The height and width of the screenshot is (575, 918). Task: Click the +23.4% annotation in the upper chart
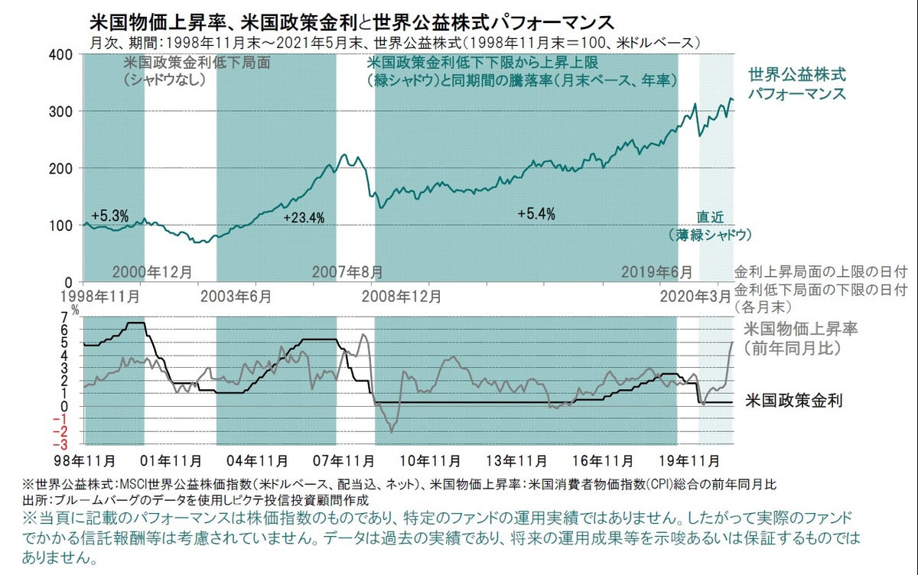coord(304,218)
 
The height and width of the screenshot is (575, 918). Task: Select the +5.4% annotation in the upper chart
coord(535,213)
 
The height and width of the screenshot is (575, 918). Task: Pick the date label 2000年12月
coord(152,271)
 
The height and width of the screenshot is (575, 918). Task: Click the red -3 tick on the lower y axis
coord(65,443)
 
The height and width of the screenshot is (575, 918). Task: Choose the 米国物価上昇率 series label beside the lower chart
coord(800,330)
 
